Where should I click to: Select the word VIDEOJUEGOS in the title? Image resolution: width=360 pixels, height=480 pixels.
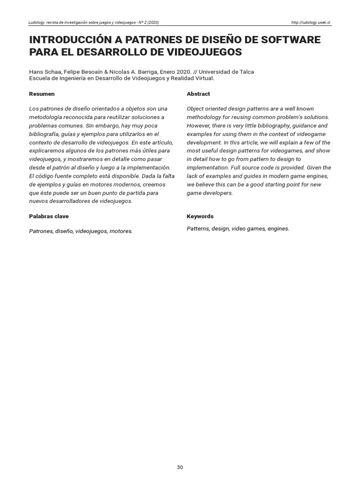pos(202,52)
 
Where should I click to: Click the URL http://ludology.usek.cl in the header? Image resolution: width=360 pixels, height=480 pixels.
pos(311,22)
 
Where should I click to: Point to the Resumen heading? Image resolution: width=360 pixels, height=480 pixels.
pos(42,94)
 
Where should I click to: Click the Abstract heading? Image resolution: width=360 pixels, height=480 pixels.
pos(198,94)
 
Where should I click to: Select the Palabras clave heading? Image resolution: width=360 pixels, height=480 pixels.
pos(49,217)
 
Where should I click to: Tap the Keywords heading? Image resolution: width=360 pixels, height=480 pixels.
pos(200,217)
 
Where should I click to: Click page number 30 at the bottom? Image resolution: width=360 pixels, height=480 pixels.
pos(180,467)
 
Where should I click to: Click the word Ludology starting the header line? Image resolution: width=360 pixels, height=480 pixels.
pos(38,22)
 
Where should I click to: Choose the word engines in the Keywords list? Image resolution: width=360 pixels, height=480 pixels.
pos(278,229)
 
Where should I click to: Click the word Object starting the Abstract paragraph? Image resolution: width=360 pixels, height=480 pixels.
pos(195,109)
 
